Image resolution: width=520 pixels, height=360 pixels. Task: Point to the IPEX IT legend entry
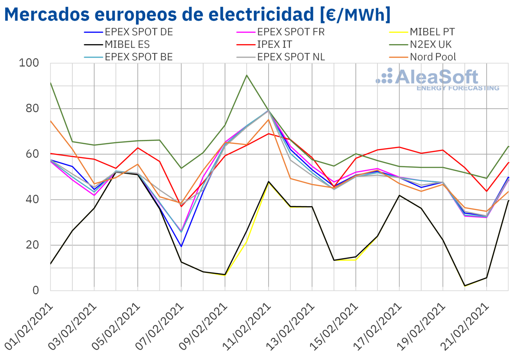[274, 44]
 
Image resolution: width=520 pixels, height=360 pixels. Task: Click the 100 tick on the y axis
[29, 63]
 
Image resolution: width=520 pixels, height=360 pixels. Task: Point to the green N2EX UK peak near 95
[247, 75]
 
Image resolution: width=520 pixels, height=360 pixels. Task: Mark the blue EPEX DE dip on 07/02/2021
[181, 246]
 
